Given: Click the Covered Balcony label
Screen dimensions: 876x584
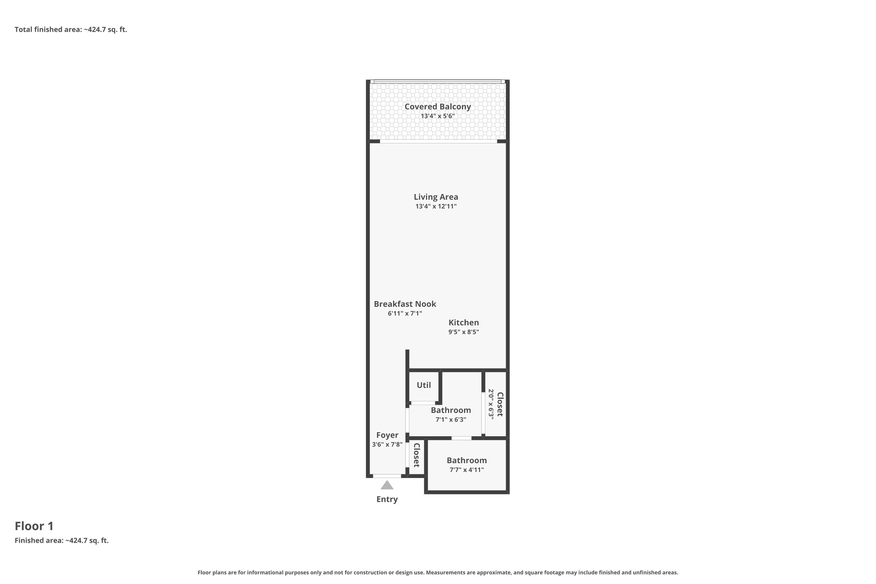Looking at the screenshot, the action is click(x=438, y=107).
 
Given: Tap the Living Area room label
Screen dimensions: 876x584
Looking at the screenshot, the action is click(x=436, y=197).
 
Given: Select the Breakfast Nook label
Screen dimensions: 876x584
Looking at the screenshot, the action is click(x=405, y=304).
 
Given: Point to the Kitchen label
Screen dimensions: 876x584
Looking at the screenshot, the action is click(x=464, y=323).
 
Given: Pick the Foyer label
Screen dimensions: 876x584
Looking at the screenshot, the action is click(x=387, y=435).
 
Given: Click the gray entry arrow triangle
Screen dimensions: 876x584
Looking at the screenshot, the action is click(x=387, y=485).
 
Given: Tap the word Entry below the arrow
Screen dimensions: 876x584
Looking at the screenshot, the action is click(x=387, y=499).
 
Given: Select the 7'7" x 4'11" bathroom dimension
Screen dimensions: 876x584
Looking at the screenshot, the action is click(x=467, y=470).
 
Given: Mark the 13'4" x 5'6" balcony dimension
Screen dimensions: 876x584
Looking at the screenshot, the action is click(x=438, y=116).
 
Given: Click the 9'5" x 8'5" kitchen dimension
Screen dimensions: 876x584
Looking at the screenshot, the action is click(x=464, y=332).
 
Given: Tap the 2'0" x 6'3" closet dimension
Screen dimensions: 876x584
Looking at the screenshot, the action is click(x=491, y=404).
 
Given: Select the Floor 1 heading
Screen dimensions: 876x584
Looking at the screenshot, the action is click(x=34, y=526).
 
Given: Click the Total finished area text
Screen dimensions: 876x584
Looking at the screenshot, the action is click(x=71, y=29).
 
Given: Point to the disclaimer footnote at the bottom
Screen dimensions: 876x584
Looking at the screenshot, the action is click(x=438, y=572).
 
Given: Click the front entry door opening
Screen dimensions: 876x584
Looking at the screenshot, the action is click(x=387, y=476).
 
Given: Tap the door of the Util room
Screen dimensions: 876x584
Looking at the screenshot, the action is click(x=423, y=403).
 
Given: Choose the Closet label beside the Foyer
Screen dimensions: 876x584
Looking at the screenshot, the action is click(x=417, y=455).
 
